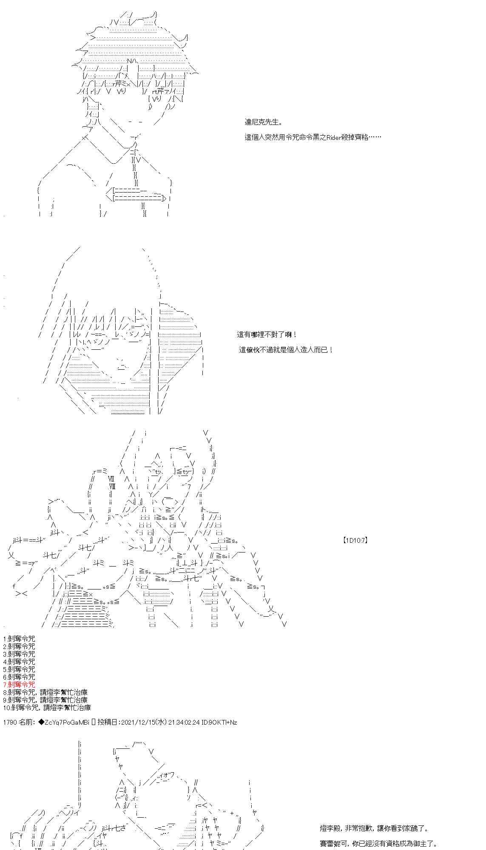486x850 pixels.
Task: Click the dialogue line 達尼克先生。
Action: [x=263, y=122]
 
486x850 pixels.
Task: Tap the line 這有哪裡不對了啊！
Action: [x=267, y=335]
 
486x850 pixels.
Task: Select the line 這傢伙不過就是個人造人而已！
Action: [x=286, y=350]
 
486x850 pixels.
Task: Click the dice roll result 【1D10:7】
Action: [x=355, y=541]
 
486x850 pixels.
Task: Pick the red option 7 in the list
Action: [x=19, y=685]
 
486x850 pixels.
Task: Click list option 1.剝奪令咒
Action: [x=19, y=639]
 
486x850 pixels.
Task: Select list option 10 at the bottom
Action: [x=47, y=708]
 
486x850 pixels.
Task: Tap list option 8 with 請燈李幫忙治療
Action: [x=45, y=692]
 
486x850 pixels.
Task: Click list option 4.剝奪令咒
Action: [x=19, y=662]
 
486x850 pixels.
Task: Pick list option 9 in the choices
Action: [x=45, y=700]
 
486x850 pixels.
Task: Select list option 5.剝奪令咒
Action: [x=19, y=669]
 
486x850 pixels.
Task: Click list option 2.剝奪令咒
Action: [x=19, y=646]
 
